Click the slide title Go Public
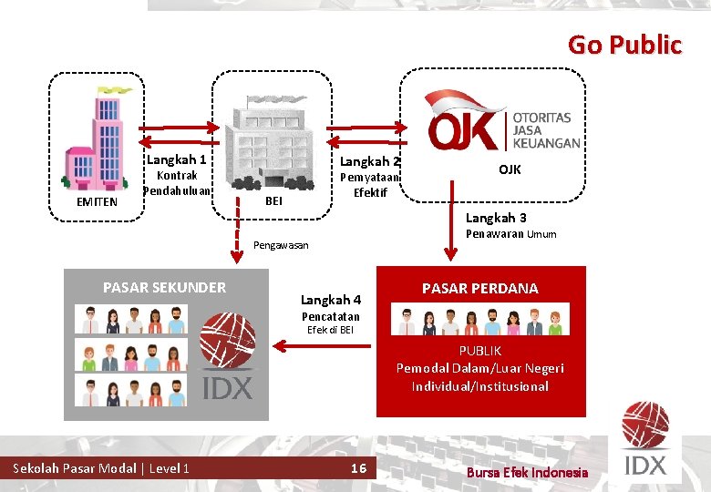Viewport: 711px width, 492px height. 624,45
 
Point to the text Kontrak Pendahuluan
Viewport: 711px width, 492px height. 178,183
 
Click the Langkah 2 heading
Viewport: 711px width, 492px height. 364,161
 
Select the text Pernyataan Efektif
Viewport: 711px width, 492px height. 364,185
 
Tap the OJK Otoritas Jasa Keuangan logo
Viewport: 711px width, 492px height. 504,120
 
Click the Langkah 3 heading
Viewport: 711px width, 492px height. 496,218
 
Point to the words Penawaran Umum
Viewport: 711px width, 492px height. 510,235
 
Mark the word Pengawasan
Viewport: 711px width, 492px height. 281,245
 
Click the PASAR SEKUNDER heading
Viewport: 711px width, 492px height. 164,288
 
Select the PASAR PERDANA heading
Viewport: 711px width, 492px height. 479,288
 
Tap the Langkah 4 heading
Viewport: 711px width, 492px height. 331,300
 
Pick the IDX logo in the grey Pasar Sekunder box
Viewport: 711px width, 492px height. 227,356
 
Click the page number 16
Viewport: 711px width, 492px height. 358,468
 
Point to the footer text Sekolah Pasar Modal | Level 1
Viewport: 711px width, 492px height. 101,468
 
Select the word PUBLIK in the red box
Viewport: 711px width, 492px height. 479,351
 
